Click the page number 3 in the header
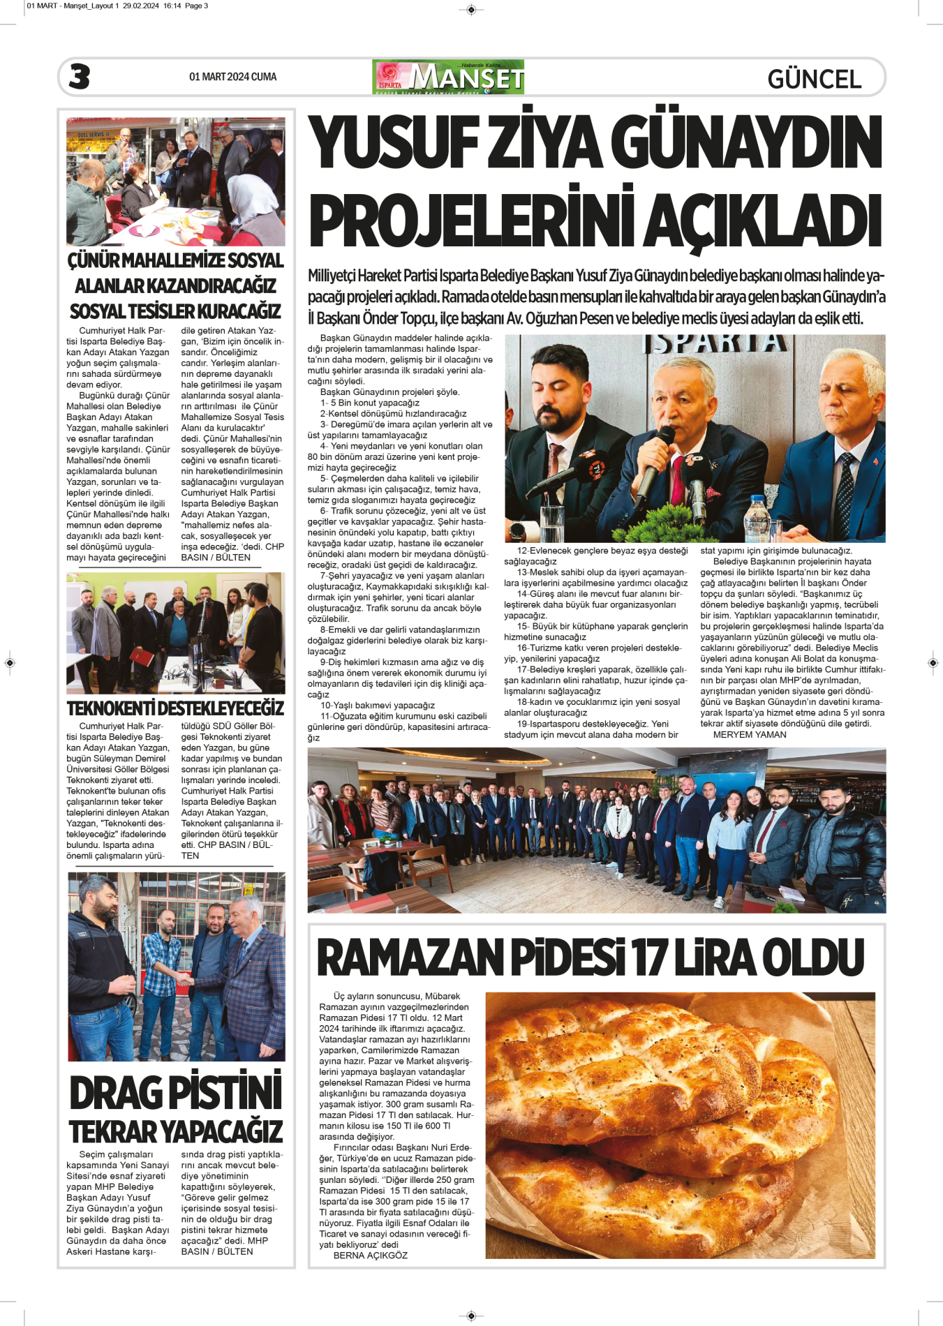(80, 77)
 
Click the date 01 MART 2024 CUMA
(232, 77)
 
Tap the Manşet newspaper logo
(448, 77)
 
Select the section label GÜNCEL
(814, 79)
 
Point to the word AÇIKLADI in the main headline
(762, 220)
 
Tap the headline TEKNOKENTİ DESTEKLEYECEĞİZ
(175, 708)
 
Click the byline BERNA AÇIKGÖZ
(370, 1256)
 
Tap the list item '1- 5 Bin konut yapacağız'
(370, 403)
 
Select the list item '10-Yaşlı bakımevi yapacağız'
(377, 705)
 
